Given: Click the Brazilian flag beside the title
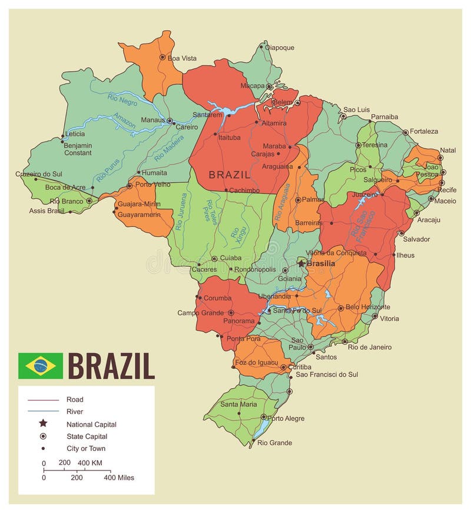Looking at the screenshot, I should pos(40,366).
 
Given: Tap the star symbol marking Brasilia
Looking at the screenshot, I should pos(301,263).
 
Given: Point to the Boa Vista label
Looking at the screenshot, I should pos(182,58).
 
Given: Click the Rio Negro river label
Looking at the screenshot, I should pos(122,98).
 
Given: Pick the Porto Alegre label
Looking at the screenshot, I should pos(286,418).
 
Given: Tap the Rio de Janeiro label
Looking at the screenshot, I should pos(370,347).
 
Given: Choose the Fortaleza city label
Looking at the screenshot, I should pos(424,131).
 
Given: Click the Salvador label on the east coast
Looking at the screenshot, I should pos(416,239).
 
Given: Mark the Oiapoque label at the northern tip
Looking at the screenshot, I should pos(280,47).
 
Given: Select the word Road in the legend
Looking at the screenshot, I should pos(75,399).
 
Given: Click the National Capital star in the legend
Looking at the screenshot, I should pos(43,424).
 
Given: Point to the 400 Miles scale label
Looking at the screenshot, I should pos(119,478).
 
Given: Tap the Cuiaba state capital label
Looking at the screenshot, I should pos(231,258).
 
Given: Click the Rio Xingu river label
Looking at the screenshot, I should pos(235,235).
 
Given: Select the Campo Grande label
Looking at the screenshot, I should pos(200,313).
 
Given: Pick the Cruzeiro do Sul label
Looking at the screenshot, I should pos(38,174).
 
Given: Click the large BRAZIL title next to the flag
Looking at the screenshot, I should pos(111,366).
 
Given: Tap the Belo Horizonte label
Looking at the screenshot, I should pos(367,307).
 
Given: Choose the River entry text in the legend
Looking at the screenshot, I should pos(75,412).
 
